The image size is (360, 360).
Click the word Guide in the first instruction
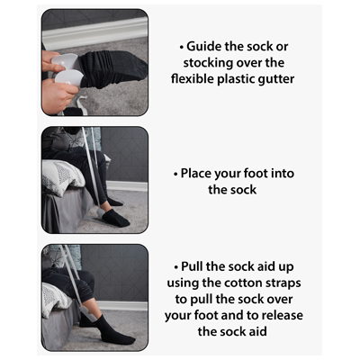pyautogui.click(x=204, y=47)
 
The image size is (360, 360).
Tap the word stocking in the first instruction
pyautogui.click(x=208, y=63)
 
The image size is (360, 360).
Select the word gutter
pyautogui.click(x=276, y=79)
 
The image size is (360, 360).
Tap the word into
pyautogui.click(x=282, y=174)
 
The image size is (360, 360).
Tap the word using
pyautogui.click(x=183, y=283)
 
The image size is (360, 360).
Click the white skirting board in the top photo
pyautogui.click(x=95, y=32)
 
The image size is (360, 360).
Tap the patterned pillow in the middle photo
pyautogui.click(x=62, y=177)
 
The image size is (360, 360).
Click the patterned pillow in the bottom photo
pyautogui.click(x=54, y=299)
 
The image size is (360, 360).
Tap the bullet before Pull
pyautogui.click(x=176, y=267)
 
